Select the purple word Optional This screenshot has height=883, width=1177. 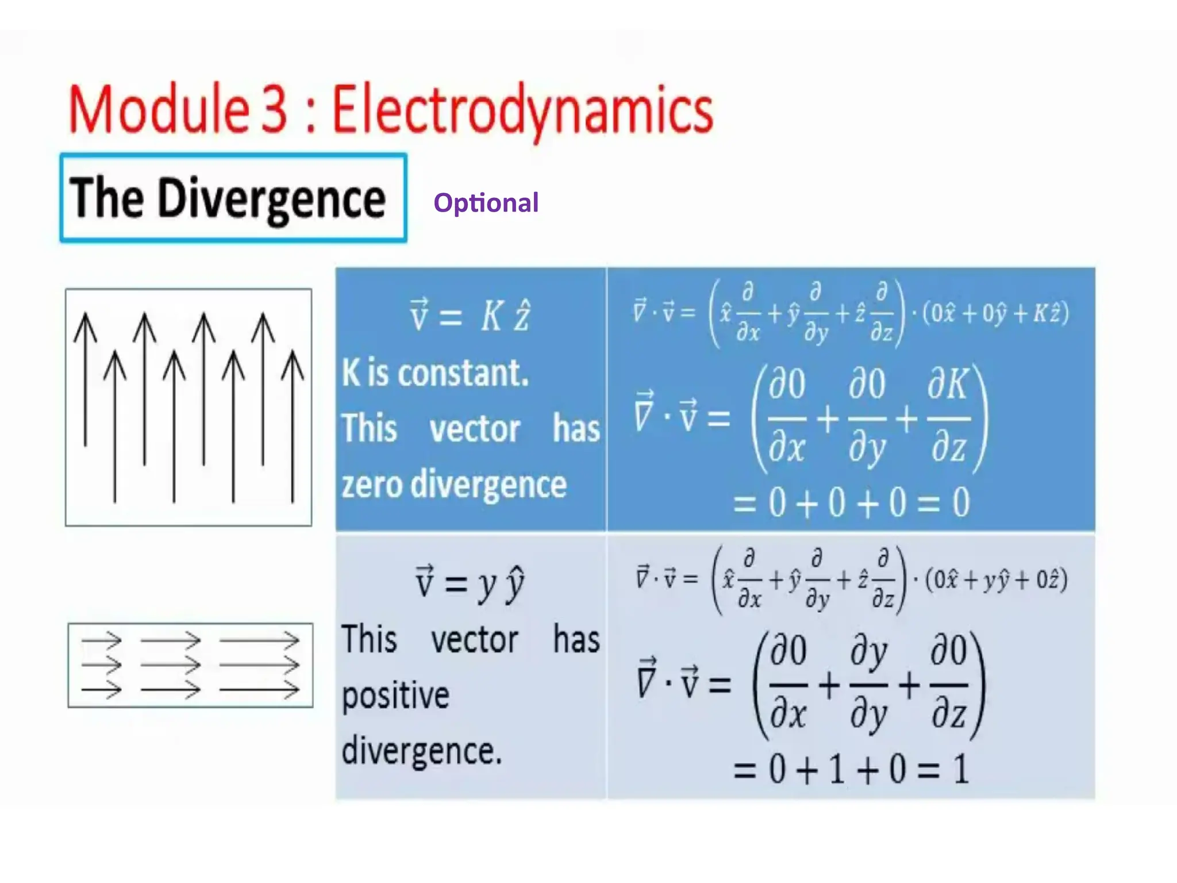pyautogui.click(x=486, y=203)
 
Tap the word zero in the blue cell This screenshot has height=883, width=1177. pyautogui.click(x=371, y=485)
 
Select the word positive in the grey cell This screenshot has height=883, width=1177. pyautogui.click(x=395, y=696)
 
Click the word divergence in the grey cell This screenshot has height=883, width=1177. pyautogui.click(x=421, y=751)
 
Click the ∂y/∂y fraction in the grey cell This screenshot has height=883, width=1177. pyautogui.click(x=868, y=685)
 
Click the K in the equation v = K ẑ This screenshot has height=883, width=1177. pyautogui.click(x=492, y=316)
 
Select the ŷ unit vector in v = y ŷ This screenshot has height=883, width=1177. pyautogui.click(x=515, y=584)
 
